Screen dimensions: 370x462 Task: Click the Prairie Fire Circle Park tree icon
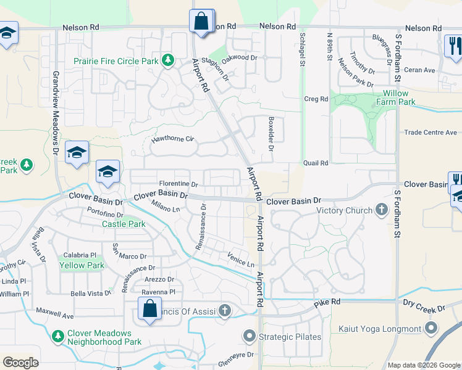point(167,60)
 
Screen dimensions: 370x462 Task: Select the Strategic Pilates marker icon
point(250,337)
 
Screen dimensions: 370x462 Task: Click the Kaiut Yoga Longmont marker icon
point(431,328)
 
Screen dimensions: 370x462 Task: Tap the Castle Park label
point(124,224)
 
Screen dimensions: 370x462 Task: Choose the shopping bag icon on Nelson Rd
point(201,22)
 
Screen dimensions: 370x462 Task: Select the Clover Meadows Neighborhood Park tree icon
point(57,337)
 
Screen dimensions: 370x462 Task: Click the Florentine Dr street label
point(178,184)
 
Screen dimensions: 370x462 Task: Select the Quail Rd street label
point(315,163)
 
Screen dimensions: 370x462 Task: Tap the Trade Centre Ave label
point(430,133)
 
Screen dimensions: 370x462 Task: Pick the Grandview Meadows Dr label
point(56,114)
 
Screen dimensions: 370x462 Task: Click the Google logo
point(20,363)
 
